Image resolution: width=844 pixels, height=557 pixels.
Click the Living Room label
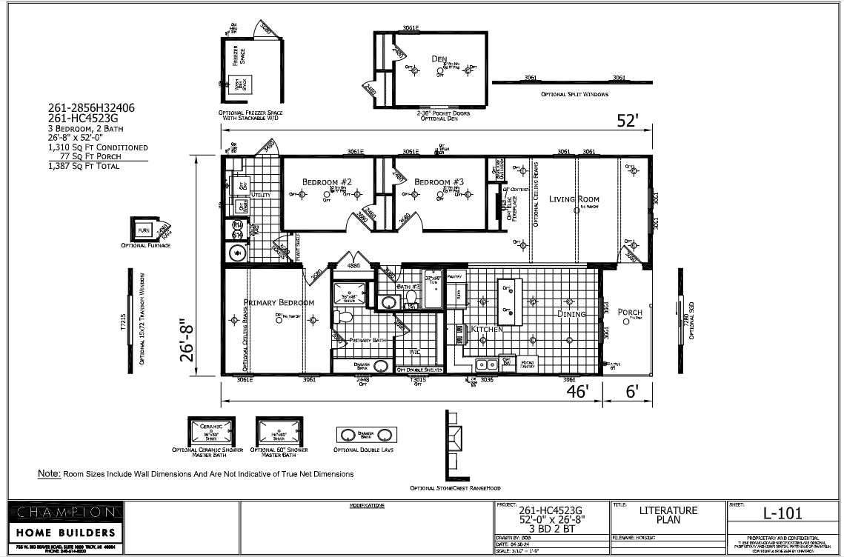[x=574, y=199]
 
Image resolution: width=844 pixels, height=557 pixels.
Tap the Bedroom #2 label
[x=326, y=182]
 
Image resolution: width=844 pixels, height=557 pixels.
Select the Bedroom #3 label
[x=439, y=182]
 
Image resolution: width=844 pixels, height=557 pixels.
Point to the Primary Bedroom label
[x=279, y=303]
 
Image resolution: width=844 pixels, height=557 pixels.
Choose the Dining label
[x=571, y=314]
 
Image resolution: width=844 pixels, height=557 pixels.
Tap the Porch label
[x=630, y=313]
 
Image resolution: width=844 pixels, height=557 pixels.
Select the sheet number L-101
[x=782, y=513]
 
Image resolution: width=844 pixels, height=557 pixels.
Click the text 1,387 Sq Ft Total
[x=83, y=167]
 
